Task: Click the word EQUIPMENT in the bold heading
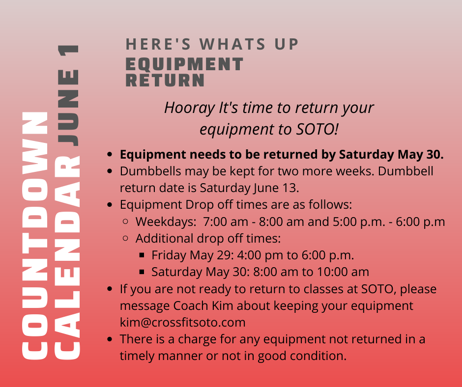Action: point(184,64)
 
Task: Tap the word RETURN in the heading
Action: point(165,80)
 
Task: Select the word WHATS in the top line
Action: point(232,45)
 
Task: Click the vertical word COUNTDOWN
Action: point(35,236)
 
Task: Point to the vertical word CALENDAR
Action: point(67,257)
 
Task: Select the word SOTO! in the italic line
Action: point(317,129)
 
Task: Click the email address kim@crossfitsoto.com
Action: point(183,322)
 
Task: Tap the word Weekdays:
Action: point(166,222)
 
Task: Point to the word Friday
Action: point(169,255)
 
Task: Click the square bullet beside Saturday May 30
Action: point(142,272)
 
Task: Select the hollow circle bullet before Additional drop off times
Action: point(125,238)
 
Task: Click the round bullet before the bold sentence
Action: point(110,154)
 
